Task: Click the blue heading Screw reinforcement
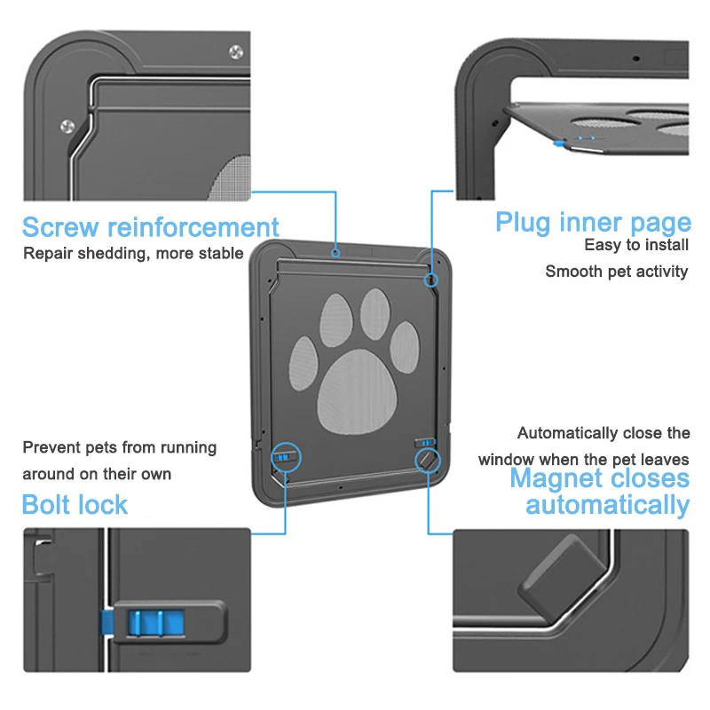[150, 227]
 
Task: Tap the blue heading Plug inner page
[592, 222]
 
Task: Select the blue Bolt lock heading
[75, 505]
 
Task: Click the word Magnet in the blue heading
[556, 479]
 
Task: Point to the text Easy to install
[636, 244]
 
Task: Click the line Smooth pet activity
[616, 272]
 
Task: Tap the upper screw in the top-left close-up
[234, 51]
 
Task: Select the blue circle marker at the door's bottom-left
[285, 458]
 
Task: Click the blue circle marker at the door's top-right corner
[431, 279]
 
